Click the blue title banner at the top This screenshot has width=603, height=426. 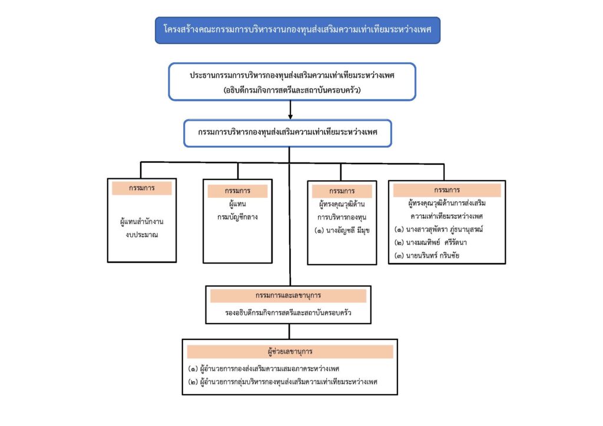point(297,30)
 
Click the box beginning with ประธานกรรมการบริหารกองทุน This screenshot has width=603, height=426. point(292,82)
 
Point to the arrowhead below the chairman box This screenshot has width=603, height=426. point(290,117)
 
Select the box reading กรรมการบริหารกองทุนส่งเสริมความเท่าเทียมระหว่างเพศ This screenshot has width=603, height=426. point(287,134)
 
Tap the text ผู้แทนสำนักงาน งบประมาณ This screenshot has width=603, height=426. point(141,228)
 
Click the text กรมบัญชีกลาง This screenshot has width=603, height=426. point(237,217)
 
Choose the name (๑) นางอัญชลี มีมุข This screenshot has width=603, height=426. point(342,231)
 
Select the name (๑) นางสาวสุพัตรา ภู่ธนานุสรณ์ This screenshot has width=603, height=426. point(438,229)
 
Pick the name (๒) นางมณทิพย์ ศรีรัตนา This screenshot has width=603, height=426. point(430,242)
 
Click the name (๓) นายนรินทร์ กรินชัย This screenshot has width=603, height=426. point(426,255)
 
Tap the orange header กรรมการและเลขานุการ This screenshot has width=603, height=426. point(288,295)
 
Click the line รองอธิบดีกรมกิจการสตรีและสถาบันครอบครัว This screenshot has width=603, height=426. point(288,312)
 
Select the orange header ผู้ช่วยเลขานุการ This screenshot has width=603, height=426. point(290,351)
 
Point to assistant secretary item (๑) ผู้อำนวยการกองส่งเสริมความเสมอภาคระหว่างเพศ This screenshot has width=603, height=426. point(263,369)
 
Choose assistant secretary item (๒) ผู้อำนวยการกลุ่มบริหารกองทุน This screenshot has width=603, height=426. point(283,382)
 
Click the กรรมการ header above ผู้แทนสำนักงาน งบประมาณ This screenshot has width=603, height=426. point(141,188)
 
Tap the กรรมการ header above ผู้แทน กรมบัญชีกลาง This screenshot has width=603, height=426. point(237,191)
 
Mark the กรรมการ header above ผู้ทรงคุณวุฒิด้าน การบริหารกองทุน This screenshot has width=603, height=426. point(342,191)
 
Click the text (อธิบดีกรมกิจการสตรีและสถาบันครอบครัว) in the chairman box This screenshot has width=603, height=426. point(292,90)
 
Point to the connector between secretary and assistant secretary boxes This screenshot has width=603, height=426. point(289,331)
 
